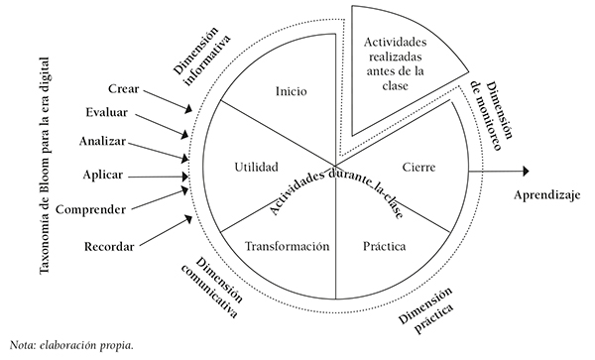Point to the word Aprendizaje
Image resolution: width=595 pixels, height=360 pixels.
[x=546, y=194]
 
